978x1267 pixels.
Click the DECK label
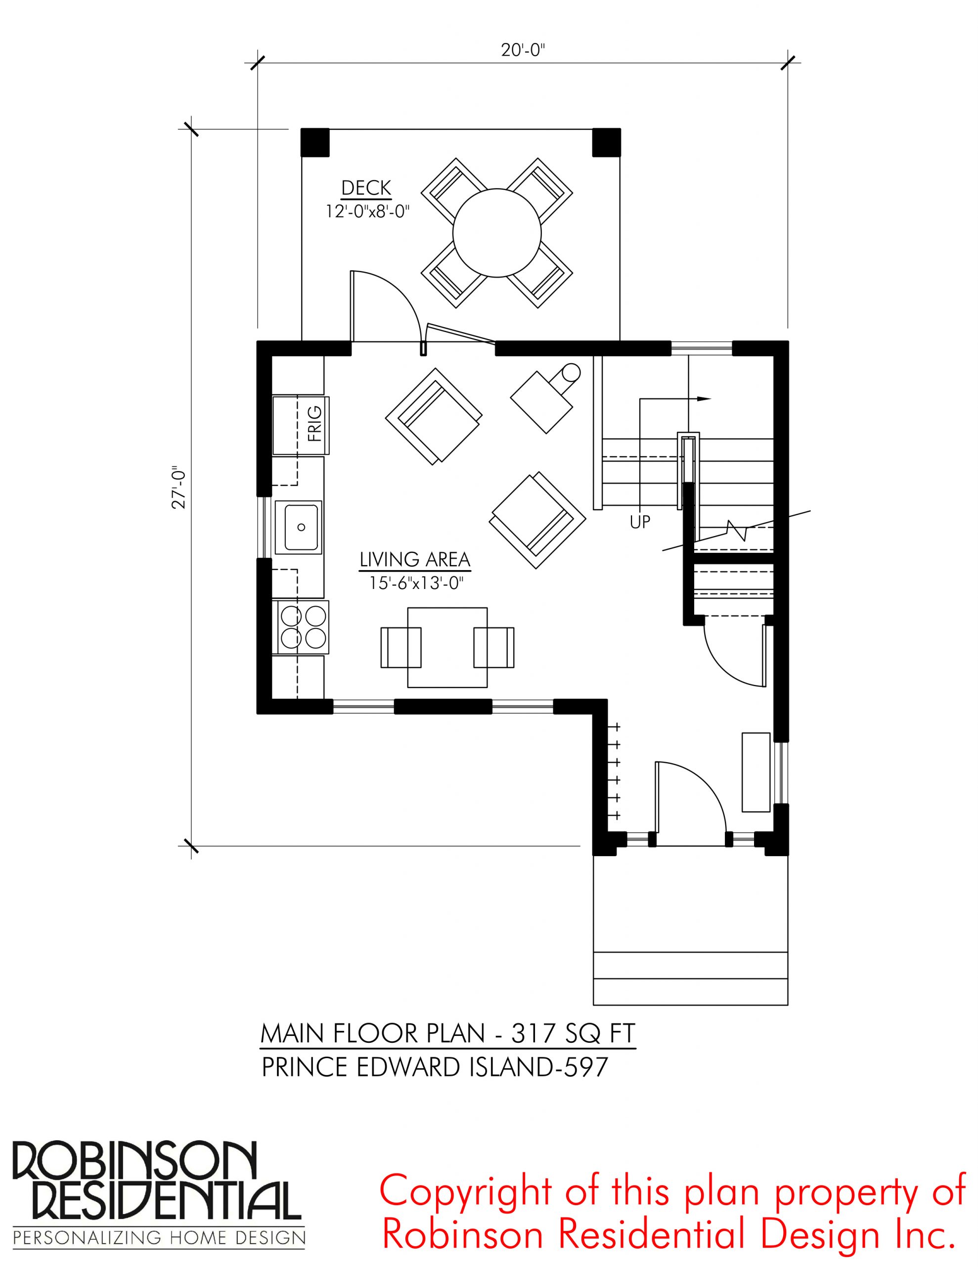pyautogui.click(x=366, y=188)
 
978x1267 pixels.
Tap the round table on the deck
pyautogui.click(x=497, y=233)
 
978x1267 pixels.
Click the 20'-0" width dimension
pyautogui.click(x=524, y=50)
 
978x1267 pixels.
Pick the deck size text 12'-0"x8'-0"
pyautogui.click(x=367, y=211)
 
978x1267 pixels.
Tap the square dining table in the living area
pyautogui.click(x=447, y=647)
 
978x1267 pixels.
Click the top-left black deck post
pyautogui.click(x=315, y=142)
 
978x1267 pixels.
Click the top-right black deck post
pyautogui.click(x=606, y=142)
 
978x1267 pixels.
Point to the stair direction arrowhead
pyautogui.click(x=704, y=398)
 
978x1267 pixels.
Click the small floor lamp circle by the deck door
pyautogui.click(x=572, y=373)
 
